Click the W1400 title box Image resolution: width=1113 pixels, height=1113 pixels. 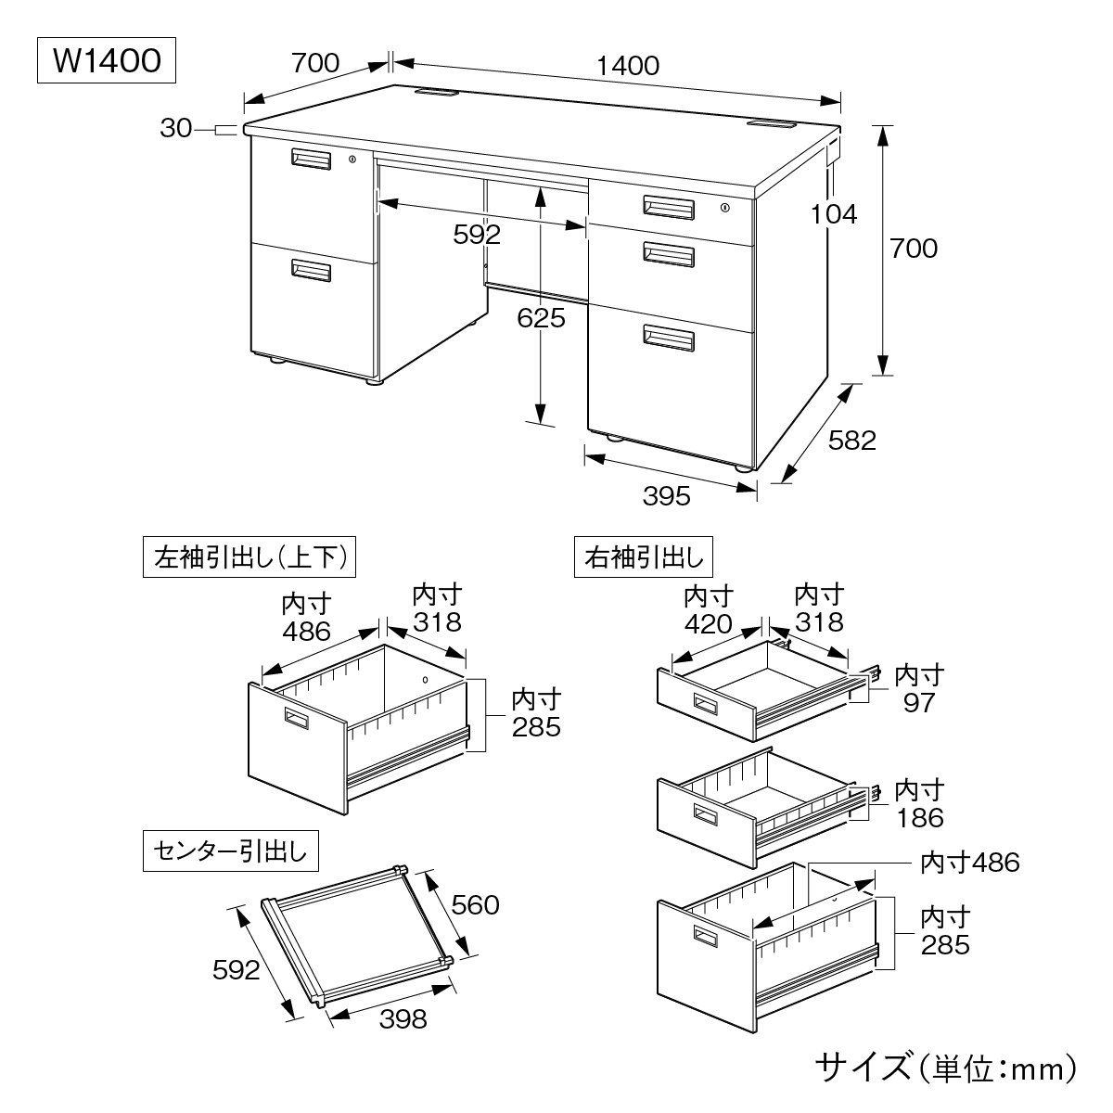[x=105, y=61]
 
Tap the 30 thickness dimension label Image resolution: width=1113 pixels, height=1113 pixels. [x=175, y=129]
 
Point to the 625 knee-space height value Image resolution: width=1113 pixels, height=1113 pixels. [x=541, y=318]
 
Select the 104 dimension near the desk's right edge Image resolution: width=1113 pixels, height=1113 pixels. [x=832, y=214]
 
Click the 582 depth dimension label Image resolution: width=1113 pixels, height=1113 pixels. [x=851, y=441]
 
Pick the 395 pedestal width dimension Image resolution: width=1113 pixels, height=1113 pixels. [x=667, y=496]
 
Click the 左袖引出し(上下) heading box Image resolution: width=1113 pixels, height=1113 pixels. [x=250, y=557]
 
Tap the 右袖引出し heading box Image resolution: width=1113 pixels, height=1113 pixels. [x=645, y=557]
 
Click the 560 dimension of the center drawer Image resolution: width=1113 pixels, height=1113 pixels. [x=474, y=903]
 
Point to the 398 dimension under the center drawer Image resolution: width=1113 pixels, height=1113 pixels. [x=403, y=1019]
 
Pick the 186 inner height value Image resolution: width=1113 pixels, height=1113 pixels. [x=919, y=817]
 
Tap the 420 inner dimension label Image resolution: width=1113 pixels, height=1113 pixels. [x=709, y=623]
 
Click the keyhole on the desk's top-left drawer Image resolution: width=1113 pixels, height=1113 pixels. [x=352, y=160]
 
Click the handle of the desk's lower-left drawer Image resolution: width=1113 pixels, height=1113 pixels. [x=311, y=270]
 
